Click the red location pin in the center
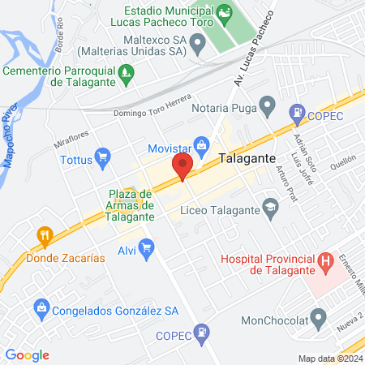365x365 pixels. [182, 168]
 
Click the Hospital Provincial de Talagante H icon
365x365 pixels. [326, 261]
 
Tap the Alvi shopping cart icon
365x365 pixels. [147, 249]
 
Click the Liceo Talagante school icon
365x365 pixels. [271, 210]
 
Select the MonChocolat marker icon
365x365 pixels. [320, 316]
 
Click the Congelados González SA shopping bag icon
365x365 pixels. [40, 308]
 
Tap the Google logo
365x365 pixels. [27, 354]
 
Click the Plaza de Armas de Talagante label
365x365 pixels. [131, 204]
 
